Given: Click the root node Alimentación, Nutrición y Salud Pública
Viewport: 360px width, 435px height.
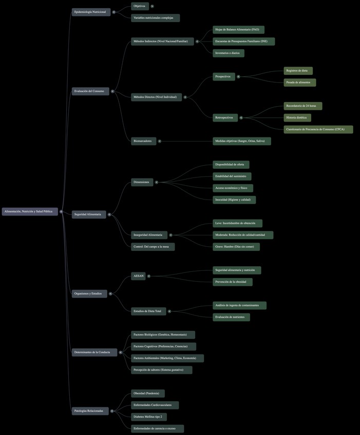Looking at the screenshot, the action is tap(30, 211).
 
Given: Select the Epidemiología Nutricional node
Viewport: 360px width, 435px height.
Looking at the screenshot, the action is tap(91, 12).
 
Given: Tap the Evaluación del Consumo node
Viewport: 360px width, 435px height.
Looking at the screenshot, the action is tap(90, 91).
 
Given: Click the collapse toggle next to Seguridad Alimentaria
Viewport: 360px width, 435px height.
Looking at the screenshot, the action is tap(109, 214).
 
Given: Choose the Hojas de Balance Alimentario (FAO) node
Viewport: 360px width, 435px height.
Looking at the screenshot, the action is tap(238, 30).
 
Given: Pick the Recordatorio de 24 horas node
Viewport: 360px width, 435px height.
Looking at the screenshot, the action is tap(302, 106).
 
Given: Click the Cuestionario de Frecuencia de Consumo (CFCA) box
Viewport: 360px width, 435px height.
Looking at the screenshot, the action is tap(318, 130).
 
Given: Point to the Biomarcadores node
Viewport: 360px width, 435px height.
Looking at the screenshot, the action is tap(143, 141).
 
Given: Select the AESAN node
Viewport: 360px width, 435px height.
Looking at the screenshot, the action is tap(139, 276).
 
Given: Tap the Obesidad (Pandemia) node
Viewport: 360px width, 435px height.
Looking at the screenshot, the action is tap(147, 393).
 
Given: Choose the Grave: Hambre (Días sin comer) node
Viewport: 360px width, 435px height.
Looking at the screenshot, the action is tap(236, 247).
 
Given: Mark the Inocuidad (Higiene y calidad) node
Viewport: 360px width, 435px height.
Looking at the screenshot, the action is tap(234, 200).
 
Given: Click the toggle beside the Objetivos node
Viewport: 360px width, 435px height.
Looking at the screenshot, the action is tap(153, 6).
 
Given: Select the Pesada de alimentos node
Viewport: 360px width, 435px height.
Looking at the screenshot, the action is tap(299, 83).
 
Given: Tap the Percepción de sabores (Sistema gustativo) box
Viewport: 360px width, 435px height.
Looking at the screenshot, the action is tap(161, 370).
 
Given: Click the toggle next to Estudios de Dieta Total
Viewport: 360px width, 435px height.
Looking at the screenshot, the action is tap(170, 311).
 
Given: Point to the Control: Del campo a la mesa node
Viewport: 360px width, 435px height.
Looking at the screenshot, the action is tap(153, 247).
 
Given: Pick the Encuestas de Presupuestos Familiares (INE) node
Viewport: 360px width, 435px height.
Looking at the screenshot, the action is tap(243, 42).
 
